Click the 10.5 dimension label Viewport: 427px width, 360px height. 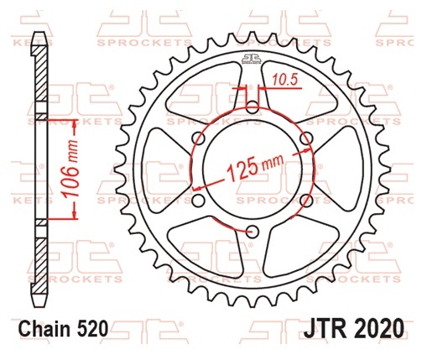click(x=284, y=81)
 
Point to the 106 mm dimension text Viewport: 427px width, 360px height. click(x=70, y=169)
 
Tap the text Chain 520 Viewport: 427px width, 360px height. click(x=63, y=328)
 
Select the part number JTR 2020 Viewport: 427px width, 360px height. click(x=354, y=328)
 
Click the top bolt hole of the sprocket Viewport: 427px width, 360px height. click(x=253, y=107)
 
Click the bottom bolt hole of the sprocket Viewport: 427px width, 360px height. click(x=253, y=231)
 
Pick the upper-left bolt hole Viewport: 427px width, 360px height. click(x=199, y=138)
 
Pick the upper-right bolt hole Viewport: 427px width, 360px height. click(x=306, y=138)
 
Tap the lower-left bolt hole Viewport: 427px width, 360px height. click(x=199, y=201)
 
